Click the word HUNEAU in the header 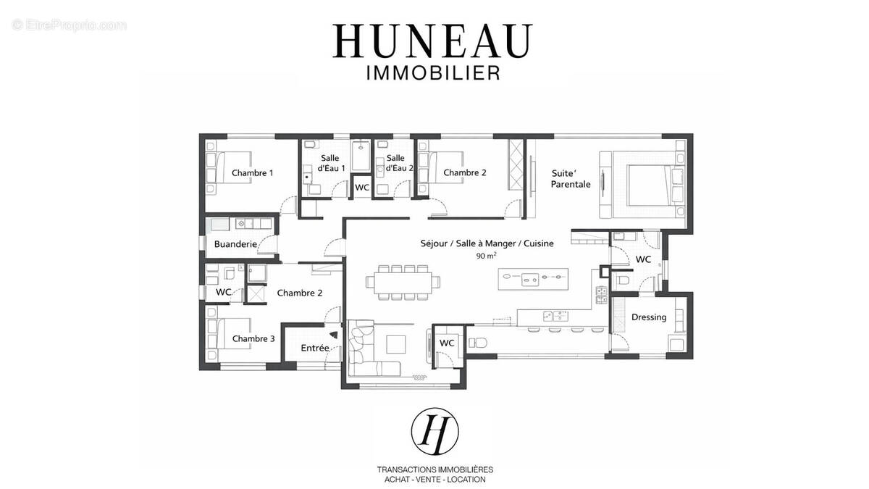[432, 41]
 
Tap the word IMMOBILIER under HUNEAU [432, 72]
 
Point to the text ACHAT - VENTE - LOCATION [434, 480]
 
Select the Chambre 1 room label [252, 173]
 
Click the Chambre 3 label [253, 338]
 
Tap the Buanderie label [235, 244]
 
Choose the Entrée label [315, 348]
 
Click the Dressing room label [649, 317]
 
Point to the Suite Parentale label [570, 179]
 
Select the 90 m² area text [486, 256]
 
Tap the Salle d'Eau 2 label [399, 163]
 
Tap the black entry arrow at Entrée [333, 335]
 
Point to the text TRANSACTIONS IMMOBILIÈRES [434, 469]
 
